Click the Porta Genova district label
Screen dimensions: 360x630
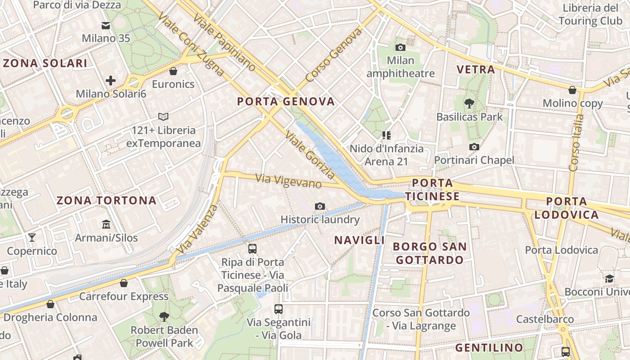coord(286,102)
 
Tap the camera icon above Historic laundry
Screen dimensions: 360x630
coord(320,206)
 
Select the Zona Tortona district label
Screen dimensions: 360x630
coord(107,201)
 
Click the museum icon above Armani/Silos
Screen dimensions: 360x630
coord(106,224)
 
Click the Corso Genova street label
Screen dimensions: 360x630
coord(333,55)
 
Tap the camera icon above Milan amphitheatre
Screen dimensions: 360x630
coord(400,47)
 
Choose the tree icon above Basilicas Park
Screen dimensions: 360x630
coord(469,103)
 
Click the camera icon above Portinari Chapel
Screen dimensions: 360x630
coord(474,147)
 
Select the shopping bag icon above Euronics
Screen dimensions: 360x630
coord(173,71)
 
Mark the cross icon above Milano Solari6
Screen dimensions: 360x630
coord(111,81)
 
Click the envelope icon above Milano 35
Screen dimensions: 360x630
coord(106,26)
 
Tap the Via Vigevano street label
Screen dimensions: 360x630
coord(288,181)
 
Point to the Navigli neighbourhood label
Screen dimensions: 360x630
coord(359,240)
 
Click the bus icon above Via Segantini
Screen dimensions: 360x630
coord(279,309)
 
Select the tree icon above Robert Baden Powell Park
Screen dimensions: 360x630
coord(164,316)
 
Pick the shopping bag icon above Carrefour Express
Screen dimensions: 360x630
coord(124,283)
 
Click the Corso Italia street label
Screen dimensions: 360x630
coord(576,143)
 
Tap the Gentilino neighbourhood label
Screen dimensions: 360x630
coord(489,348)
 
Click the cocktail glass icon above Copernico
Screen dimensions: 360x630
coord(32,237)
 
